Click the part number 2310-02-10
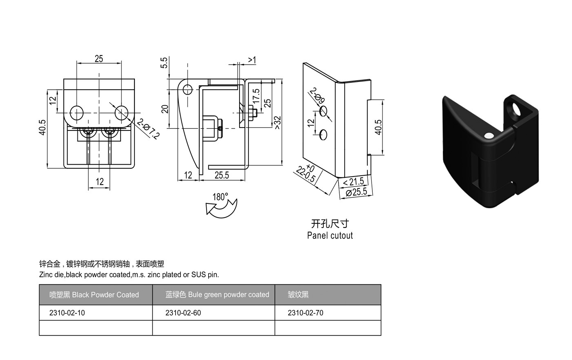[x=67, y=313]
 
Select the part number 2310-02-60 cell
[x=213, y=313]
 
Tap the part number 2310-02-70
[x=306, y=313]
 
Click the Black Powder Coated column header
[x=94, y=295]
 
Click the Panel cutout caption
[x=330, y=235]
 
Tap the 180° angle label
[x=220, y=197]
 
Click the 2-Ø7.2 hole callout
[x=148, y=129]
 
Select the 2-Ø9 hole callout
[x=317, y=95]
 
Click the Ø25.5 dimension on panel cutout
[x=356, y=192]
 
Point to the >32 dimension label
[x=277, y=122]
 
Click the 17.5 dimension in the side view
[x=256, y=96]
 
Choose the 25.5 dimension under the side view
[x=222, y=175]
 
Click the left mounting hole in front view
[x=77, y=113]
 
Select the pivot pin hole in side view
[x=188, y=90]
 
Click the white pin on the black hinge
[x=489, y=136]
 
